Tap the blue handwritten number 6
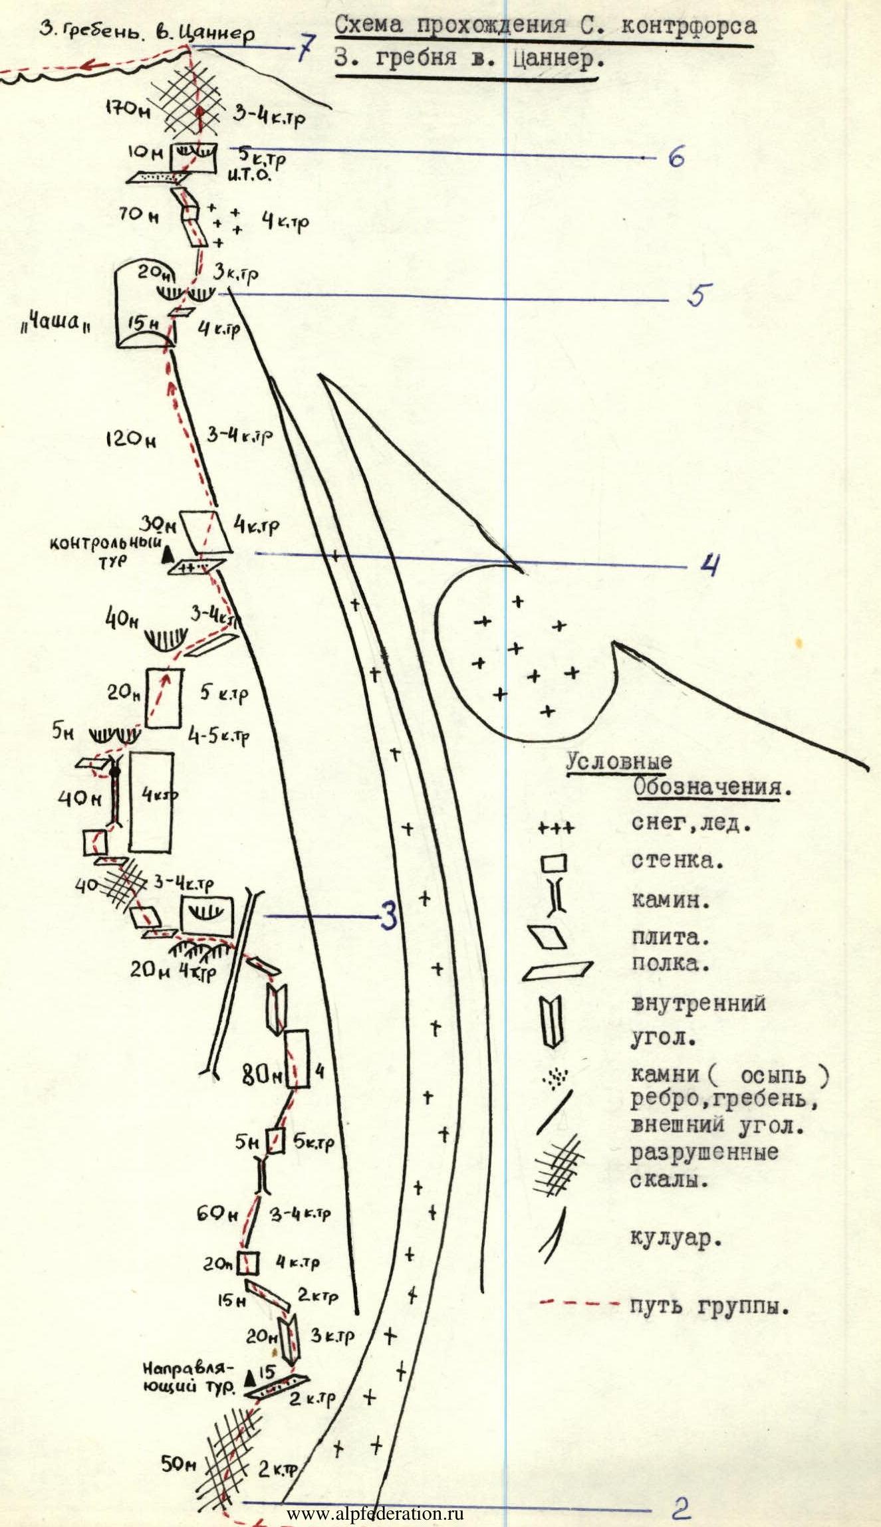(676, 158)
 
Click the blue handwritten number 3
(389, 917)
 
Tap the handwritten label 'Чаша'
(56, 326)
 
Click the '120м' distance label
(130, 439)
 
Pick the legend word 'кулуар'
(676, 1237)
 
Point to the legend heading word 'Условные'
(618, 762)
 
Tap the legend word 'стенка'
(677, 861)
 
